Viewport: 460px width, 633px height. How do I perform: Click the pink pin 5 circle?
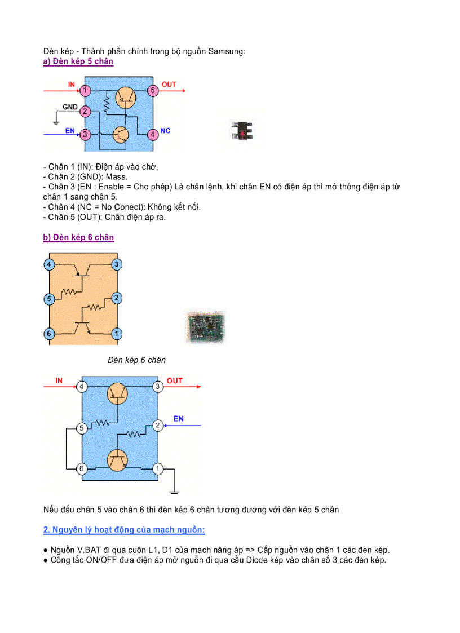[x=152, y=90]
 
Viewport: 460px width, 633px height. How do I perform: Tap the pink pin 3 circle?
[x=85, y=134]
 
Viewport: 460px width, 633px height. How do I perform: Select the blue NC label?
[x=165, y=131]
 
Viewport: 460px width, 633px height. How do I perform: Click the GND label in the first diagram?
[x=70, y=107]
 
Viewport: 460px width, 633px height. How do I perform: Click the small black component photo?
[x=242, y=131]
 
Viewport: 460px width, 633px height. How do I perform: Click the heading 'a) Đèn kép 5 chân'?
[x=78, y=61]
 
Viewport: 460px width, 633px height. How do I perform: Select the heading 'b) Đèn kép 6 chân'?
[x=78, y=237]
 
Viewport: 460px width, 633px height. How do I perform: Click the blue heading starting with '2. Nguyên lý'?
[x=124, y=530]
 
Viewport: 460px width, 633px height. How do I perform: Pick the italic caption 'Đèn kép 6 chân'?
[x=137, y=360]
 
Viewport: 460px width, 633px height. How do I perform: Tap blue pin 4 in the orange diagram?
[x=50, y=264]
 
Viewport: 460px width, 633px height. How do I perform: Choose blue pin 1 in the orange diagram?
[x=116, y=334]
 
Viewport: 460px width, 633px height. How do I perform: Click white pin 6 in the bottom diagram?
[x=82, y=468]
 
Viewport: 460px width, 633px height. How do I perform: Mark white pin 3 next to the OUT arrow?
[x=158, y=386]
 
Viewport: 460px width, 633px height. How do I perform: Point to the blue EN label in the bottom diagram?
[x=178, y=419]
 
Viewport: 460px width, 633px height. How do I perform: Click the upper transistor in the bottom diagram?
[x=117, y=392]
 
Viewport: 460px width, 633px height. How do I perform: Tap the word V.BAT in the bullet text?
[x=89, y=550]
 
